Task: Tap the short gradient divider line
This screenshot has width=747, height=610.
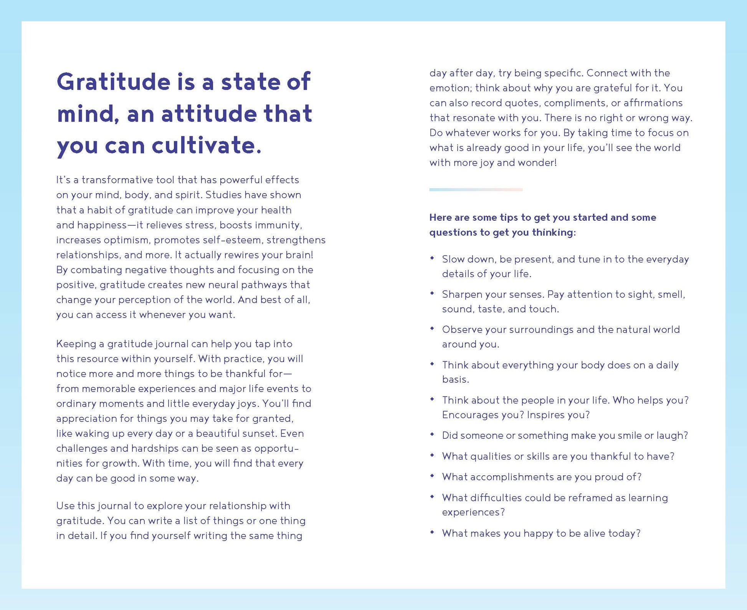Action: point(476,190)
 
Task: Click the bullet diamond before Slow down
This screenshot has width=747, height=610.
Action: point(432,258)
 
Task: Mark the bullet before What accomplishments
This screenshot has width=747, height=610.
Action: point(432,476)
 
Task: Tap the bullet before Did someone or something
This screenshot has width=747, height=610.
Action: point(432,435)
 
